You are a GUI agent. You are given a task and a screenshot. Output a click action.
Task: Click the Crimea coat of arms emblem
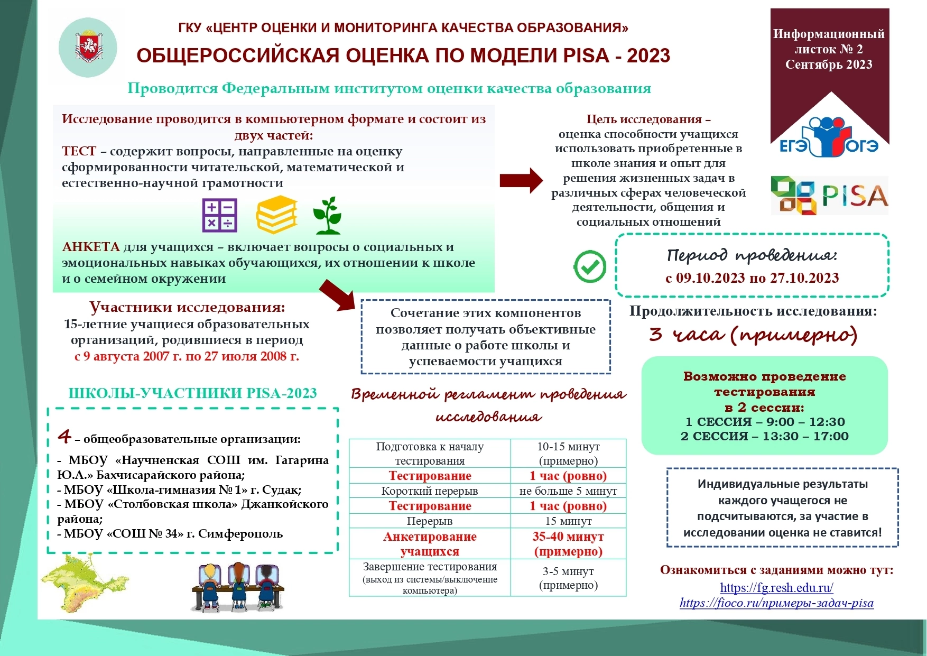88,47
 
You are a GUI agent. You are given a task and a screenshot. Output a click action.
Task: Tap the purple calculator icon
220,215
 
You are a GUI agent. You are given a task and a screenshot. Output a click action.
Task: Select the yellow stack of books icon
276,215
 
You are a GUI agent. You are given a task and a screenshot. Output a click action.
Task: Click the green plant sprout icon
328,215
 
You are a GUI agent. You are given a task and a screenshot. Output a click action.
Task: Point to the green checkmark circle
590,266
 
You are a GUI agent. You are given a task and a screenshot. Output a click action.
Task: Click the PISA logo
829,196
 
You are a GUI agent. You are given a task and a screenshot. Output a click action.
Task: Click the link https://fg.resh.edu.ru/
776,587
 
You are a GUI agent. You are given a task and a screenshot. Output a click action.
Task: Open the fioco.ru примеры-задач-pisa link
776,603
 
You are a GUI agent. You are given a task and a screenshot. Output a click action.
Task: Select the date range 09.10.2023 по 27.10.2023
752,278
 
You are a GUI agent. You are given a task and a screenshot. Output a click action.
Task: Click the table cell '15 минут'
568,521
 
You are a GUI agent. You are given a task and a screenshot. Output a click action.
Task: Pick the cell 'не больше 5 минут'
568,491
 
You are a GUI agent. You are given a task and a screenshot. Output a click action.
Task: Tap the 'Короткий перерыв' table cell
429,491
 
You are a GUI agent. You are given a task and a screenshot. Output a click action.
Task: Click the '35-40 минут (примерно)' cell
568,544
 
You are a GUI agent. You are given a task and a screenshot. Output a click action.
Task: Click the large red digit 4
64,437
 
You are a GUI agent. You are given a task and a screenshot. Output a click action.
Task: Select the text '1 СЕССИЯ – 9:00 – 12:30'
765,422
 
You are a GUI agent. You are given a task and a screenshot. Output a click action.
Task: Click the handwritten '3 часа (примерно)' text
753,335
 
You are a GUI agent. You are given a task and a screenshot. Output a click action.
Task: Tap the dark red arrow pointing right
521,181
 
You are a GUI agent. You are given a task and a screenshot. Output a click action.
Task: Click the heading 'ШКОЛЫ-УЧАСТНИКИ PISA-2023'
192,393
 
